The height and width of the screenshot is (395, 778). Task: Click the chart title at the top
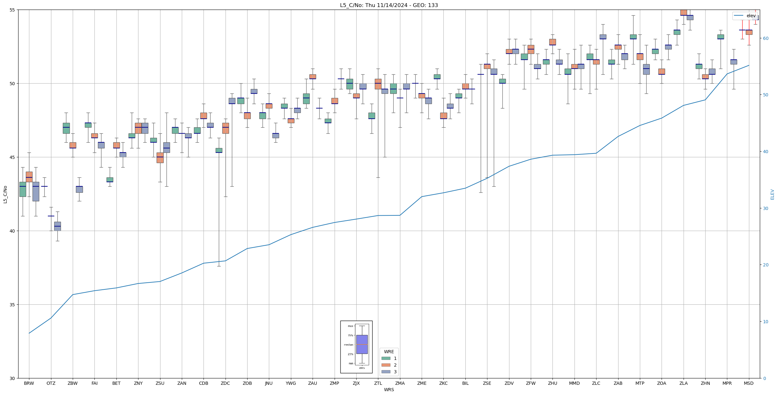389,5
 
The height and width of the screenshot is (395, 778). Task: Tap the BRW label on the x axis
29,383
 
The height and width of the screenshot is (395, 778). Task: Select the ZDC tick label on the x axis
225,383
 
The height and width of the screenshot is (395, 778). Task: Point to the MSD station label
749,383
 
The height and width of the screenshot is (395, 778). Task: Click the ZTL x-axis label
378,383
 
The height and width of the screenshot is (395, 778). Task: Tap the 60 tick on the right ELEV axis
766,38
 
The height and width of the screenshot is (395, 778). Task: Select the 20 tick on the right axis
766,265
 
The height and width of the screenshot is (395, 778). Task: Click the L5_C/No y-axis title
5,194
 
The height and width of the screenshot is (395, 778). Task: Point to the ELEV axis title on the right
772,194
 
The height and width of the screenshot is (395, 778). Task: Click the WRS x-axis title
389,390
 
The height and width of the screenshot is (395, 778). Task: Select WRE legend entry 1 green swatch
386,358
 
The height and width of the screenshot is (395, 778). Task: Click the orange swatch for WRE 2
386,365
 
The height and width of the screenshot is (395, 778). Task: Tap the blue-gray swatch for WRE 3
386,372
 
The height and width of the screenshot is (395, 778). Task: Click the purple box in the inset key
362,344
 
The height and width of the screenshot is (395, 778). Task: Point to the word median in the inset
348,345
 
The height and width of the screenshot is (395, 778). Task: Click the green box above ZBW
66,128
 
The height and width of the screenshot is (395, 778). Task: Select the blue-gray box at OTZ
57,226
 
